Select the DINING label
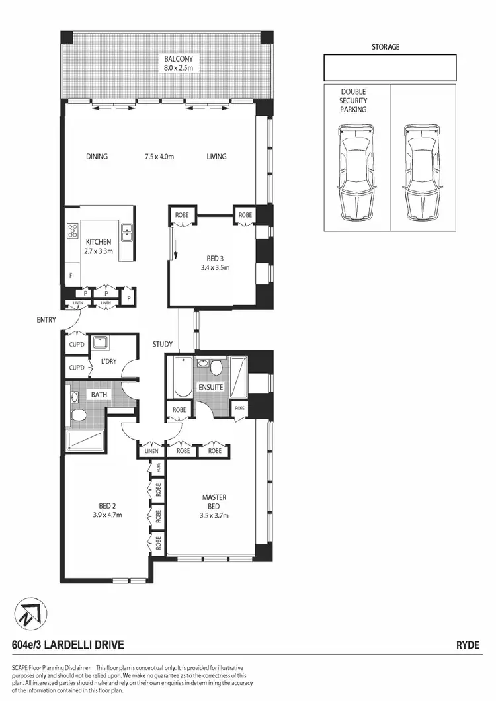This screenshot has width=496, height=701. pyautogui.click(x=97, y=157)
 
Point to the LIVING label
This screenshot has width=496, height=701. pyautogui.click(x=216, y=157)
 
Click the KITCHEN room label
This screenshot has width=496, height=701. pyautogui.click(x=98, y=242)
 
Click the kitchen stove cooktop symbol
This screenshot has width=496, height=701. pyautogui.click(x=72, y=231)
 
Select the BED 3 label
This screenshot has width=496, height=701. pyautogui.click(x=210, y=259)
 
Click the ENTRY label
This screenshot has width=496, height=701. pyautogui.click(x=46, y=320)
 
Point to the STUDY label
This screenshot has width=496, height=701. pyautogui.click(x=162, y=344)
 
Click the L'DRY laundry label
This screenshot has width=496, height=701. pyautogui.click(x=108, y=361)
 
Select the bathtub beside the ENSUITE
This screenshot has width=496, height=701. pyautogui.click(x=181, y=377)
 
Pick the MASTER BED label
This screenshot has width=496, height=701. pyautogui.click(x=214, y=501)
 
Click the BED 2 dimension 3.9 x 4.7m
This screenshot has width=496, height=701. pyautogui.click(x=106, y=515)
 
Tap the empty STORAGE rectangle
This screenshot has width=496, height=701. pyautogui.click(x=390, y=67)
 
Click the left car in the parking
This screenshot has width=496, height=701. pyautogui.click(x=356, y=173)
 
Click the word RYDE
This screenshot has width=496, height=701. pyautogui.click(x=468, y=645)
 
